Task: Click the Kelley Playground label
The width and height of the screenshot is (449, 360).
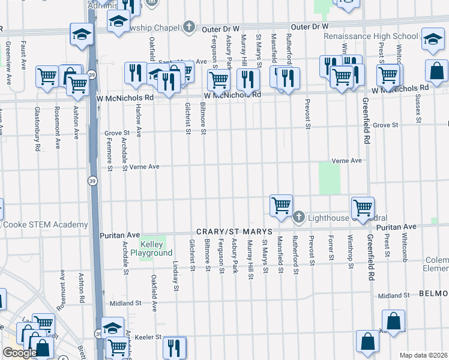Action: tap(155, 248)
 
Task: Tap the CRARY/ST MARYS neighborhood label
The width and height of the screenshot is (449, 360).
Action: tap(234, 232)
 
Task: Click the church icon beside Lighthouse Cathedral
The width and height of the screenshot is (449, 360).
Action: tap(300, 217)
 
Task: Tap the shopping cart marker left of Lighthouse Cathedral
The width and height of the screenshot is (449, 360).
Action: tap(281, 206)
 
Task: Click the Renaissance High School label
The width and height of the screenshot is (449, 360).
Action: tap(370, 36)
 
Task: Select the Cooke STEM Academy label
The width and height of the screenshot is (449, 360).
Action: tap(45, 224)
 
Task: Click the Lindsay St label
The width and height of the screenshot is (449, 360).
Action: tap(176, 275)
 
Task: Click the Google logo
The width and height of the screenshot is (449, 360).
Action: tap(20, 353)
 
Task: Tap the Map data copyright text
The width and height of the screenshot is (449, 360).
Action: tap(423, 355)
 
